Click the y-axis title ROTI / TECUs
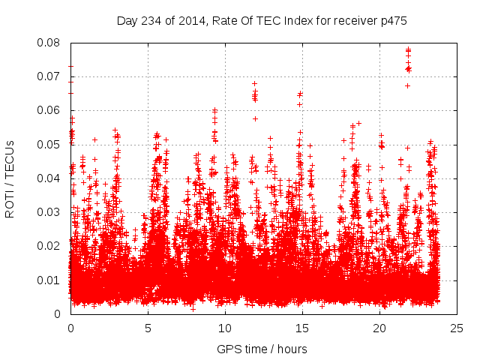(10, 178)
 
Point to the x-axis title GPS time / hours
(262, 349)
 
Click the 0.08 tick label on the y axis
(51, 43)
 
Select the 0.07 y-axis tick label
(51, 76)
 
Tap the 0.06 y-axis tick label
(51, 110)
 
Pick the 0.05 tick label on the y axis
(51, 144)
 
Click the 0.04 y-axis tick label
(51, 178)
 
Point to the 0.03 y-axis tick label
(51, 212)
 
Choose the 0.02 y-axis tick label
(51, 246)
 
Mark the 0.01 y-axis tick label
(51, 280)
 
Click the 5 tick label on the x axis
(148, 328)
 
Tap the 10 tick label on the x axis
(225, 328)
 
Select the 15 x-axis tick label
(302, 328)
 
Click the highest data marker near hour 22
(409, 49)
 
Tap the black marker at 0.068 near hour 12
(255, 83)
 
